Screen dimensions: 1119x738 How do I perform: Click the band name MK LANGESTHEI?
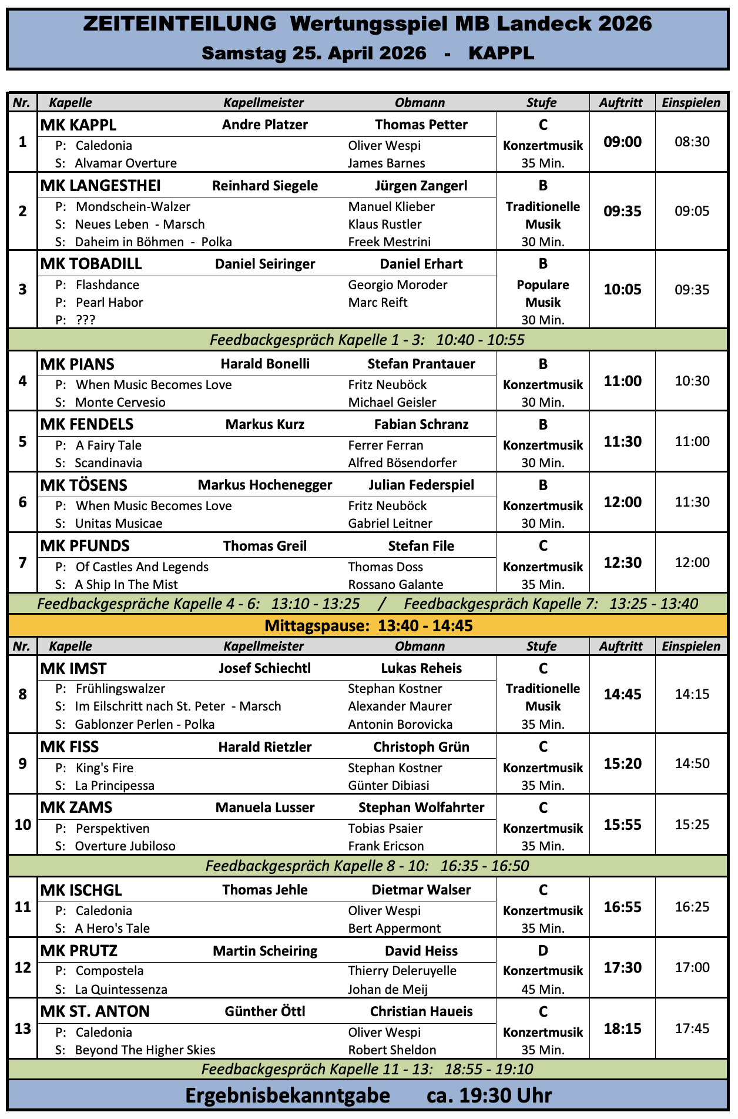(100, 186)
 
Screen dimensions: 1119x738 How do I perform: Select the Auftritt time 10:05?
(622, 289)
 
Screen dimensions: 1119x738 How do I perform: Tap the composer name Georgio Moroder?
(397, 285)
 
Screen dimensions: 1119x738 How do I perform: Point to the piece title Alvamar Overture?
(126, 163)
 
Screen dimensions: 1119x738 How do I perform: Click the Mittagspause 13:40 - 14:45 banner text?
(368, 625)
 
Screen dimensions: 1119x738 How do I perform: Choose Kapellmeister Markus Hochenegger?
(264, 485)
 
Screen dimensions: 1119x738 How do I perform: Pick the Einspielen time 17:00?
(692, 967)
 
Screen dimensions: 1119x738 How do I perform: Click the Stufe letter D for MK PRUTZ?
(543, 950)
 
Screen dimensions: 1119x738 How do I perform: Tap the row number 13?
(22, 1028)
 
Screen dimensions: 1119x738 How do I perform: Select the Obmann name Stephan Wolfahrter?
(421, 808)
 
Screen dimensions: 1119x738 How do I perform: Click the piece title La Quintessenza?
(121, 989)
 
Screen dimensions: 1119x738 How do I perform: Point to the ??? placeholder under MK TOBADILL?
(86, 320)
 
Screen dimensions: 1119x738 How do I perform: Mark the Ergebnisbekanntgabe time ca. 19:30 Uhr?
(489, 1095)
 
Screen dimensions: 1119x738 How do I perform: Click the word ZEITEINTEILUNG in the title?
(180, 24)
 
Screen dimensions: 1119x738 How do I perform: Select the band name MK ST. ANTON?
(95, 1011)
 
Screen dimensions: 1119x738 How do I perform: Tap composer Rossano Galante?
(395, 584)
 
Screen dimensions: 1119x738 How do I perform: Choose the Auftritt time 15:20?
(622, 763)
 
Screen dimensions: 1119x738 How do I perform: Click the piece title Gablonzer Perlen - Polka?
(145, 724)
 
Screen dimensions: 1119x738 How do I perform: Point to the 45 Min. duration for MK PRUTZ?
(543, 989)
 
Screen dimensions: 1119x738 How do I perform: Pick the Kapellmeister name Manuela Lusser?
(264, 808)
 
